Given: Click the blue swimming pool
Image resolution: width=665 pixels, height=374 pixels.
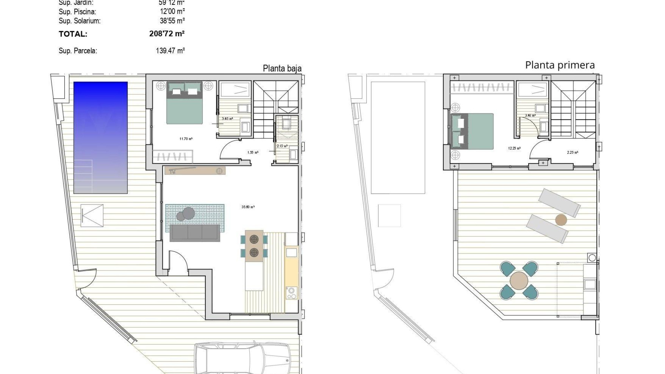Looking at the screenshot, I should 100,137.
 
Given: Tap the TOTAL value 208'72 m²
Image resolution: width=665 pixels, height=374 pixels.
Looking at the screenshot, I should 167,34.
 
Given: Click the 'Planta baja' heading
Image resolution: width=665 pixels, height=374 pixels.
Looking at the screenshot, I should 282,68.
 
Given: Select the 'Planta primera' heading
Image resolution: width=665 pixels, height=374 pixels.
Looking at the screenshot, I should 560,65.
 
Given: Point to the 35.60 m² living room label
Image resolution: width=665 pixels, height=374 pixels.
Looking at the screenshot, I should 248,207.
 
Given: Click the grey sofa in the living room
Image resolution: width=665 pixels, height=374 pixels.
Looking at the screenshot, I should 195,233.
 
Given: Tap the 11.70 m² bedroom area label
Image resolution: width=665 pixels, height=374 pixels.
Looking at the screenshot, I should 186,139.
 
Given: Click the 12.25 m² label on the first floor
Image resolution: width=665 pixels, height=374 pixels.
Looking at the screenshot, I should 514,148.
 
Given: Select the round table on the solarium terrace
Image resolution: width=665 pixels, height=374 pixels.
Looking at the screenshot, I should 519,280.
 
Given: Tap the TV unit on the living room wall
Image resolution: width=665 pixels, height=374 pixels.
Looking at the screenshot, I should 195,171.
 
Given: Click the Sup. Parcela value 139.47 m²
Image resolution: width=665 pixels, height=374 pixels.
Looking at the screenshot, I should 170,51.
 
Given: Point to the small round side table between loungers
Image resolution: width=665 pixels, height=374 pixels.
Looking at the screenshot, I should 561,220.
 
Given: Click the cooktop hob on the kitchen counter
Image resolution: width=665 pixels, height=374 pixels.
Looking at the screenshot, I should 291,293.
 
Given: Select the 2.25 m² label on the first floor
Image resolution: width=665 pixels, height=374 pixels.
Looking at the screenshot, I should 572,152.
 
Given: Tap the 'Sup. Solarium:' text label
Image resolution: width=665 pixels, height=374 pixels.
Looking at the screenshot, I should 80,21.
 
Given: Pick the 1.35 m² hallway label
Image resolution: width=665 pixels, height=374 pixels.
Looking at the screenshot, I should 253,152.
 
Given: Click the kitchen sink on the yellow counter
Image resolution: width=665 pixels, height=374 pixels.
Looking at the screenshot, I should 291,252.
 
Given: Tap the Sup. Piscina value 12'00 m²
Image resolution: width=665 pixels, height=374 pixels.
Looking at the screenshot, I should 172,12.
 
